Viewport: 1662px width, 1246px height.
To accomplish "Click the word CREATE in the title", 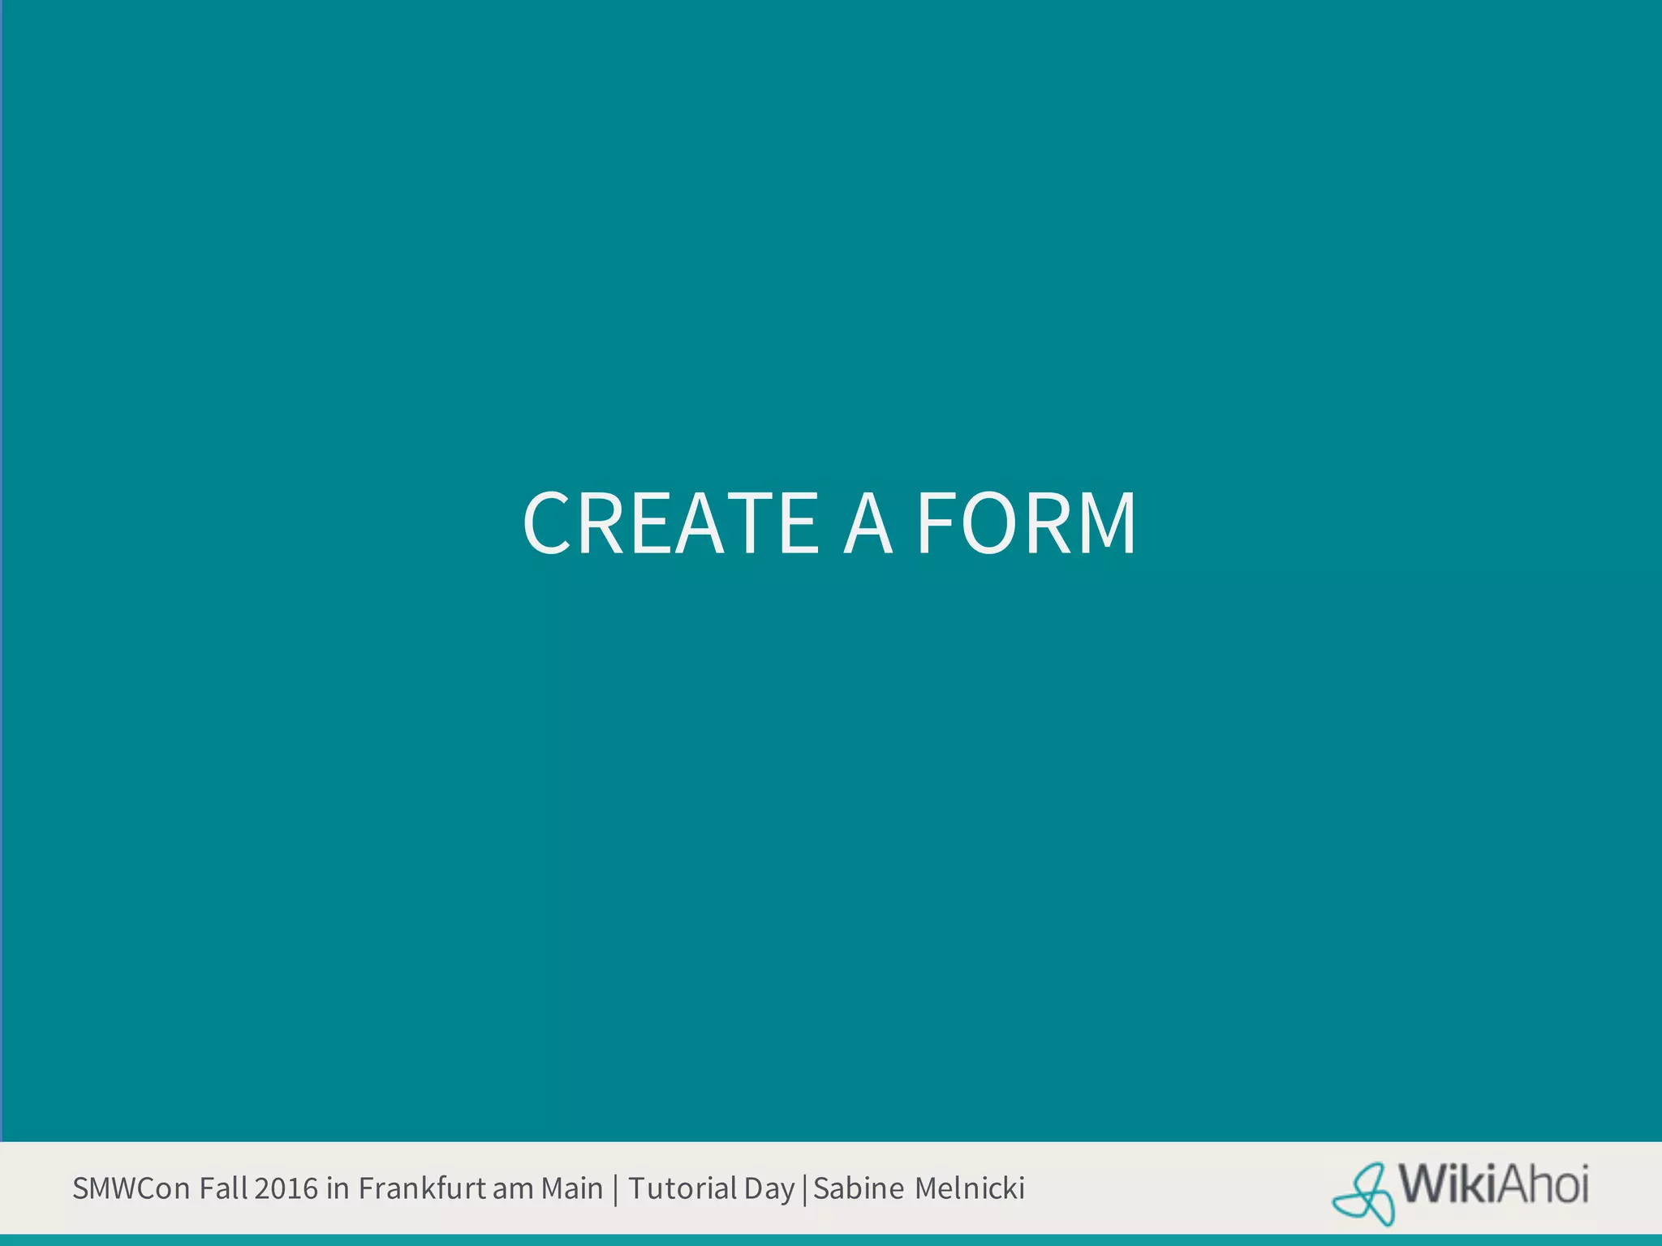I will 670,524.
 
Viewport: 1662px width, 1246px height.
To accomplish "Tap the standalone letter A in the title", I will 868,524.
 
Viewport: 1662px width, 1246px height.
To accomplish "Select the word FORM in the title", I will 1027,524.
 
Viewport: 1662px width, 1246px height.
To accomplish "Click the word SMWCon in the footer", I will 131,1188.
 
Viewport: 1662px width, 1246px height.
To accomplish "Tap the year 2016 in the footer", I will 286,1188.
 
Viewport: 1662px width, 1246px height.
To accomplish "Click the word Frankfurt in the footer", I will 422,1188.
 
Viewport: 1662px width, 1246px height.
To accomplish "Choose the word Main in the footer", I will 572,1188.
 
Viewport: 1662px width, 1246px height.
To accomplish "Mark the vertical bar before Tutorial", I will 616,1190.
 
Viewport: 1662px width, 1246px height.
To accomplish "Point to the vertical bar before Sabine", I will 804,1190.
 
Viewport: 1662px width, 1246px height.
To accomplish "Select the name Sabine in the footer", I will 859,1188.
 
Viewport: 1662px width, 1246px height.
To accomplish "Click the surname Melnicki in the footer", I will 970,1188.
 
